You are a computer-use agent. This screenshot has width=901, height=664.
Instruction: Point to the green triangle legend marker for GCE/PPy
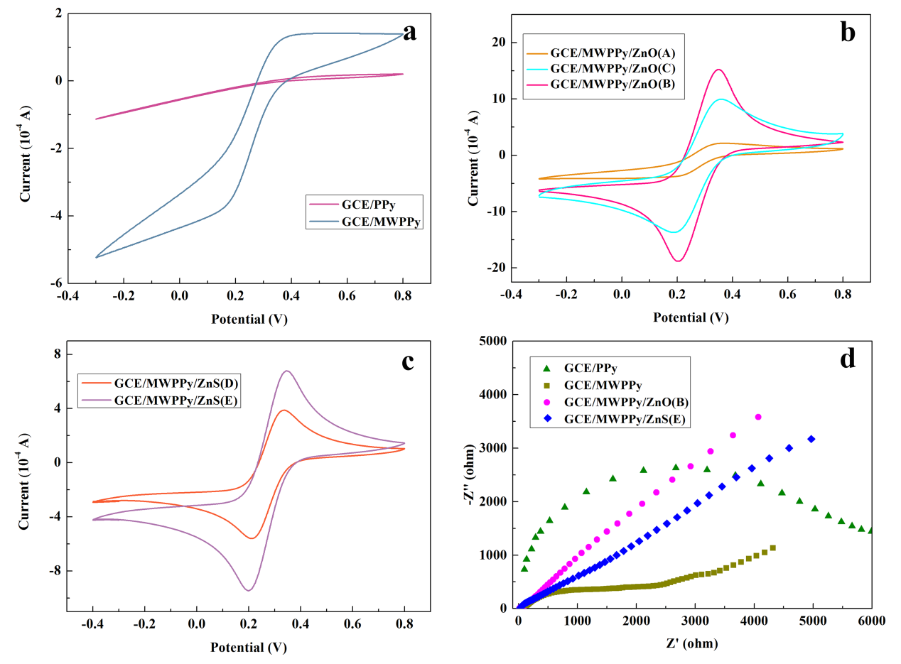546,369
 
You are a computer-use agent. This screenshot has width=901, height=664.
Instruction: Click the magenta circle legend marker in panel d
546,402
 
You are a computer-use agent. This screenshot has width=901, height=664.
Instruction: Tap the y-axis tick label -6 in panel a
55,283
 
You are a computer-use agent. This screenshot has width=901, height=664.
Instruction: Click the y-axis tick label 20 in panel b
490,43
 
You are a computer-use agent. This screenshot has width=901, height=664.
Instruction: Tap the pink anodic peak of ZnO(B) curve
718,70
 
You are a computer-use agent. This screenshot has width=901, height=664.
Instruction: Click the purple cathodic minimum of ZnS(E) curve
248,590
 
